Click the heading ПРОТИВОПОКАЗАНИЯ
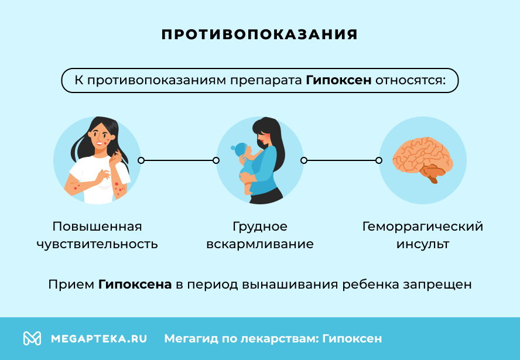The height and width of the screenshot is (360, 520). [x=259, y=35]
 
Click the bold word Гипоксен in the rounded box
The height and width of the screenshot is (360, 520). [x=338, y=80]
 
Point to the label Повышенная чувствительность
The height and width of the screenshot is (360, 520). [x=97, y=235]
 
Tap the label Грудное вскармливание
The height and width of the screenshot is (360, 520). [x=260, y=235]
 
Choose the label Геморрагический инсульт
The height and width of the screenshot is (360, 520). [x=422, y=235]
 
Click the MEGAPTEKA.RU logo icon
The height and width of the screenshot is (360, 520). [x=32, y=338]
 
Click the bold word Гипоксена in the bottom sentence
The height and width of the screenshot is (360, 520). [x=135, y=285]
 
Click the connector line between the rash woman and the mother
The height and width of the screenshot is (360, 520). [x=178, y=160]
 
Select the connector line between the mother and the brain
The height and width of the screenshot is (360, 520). [x=341, y=160]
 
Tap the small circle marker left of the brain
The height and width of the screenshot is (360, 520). [x=379, y=160]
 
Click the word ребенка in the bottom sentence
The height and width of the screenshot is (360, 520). [x=372, y=285]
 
